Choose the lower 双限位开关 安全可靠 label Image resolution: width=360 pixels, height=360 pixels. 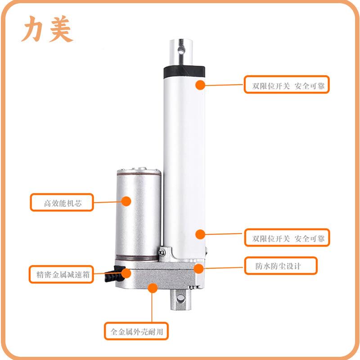(287, 238)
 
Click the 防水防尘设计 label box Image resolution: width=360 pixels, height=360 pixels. (280, 265)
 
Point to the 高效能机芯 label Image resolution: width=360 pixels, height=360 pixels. (62, 202)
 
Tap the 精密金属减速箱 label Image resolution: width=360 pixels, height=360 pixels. (62, 274)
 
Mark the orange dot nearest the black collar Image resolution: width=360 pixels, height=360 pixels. (200, 85)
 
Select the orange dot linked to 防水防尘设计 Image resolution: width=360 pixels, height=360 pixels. (198, 268)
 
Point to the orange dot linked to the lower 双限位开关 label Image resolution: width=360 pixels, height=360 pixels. (200, 234)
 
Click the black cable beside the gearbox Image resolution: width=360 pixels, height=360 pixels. (111, 275)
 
